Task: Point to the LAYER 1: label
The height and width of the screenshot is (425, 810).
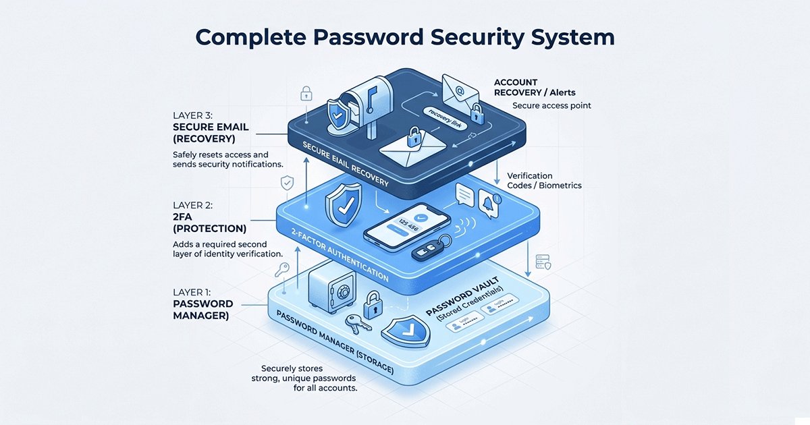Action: point(192,292)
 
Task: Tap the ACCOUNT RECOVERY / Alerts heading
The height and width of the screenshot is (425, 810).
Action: point(535,86)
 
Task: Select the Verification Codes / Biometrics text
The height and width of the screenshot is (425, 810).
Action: point(544,180)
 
